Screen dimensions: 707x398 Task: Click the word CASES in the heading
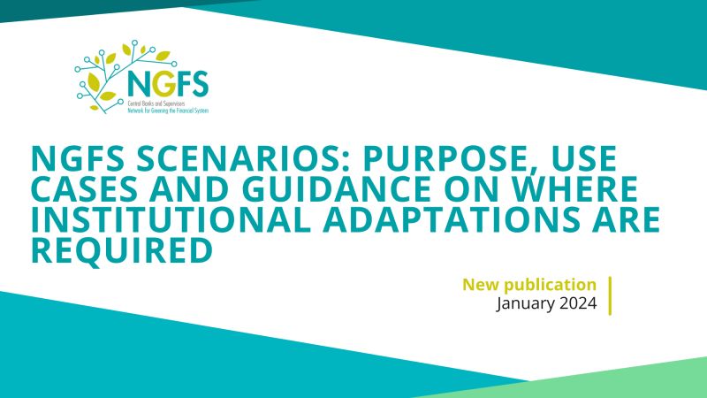coord(84,188)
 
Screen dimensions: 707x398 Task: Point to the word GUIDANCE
coord(336,188)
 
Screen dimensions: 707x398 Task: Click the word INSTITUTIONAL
coord(171,218)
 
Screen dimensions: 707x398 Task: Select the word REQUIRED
coord(122,249)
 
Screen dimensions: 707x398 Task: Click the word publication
coord(550,286)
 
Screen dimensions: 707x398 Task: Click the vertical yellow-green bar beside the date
coord(610,295)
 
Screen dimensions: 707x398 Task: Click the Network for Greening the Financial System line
coord(168,111)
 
